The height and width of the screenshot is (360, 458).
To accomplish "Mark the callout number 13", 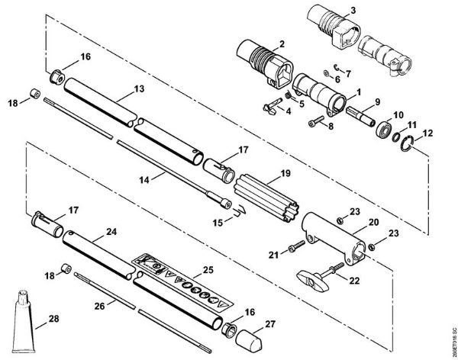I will (138, 89).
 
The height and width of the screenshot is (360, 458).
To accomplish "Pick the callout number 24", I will (111, 231).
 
